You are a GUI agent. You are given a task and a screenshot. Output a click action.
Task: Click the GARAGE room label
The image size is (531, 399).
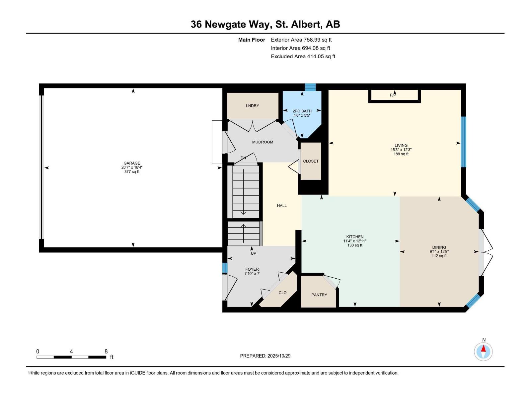(132, 163)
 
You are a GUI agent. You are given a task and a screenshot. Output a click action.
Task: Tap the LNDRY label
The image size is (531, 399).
(253, 106)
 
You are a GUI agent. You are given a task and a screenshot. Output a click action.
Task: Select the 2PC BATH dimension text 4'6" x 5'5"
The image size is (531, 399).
(302, 115)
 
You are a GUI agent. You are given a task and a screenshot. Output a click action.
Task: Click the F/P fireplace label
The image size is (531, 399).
(393, 95)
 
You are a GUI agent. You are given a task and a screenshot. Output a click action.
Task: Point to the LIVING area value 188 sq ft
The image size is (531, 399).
(401, 154)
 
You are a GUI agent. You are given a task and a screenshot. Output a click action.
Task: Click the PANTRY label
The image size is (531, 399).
(319, 295)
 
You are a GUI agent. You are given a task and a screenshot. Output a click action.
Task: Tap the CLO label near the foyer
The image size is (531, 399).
(282, 293)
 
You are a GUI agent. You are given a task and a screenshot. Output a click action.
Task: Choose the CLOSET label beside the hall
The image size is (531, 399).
(311, 161)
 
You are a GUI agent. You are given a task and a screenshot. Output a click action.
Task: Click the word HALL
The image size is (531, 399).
(282, 205)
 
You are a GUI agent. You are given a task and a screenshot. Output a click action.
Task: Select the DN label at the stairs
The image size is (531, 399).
(243, 158)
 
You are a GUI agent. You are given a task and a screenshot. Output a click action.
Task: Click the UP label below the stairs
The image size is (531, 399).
(254, 253)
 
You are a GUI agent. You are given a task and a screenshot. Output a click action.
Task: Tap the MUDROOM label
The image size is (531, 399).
(263, 142)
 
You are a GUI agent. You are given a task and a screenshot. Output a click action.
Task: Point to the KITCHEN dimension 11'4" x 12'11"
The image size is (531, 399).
(355, 241)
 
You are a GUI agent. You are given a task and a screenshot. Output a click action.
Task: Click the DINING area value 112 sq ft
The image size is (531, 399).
(439, 256)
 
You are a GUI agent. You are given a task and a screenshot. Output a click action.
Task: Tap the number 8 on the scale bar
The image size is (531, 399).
(106, 351)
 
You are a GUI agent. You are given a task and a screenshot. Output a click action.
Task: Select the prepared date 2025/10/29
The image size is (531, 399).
(278, 356)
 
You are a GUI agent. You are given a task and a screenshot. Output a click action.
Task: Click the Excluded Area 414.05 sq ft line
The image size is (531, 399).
(303, 57)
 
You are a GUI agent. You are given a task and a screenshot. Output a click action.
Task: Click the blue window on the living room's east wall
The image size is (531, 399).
(464, 142)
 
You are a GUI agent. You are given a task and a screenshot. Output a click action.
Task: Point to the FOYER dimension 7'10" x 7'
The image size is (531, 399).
(252, 274)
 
